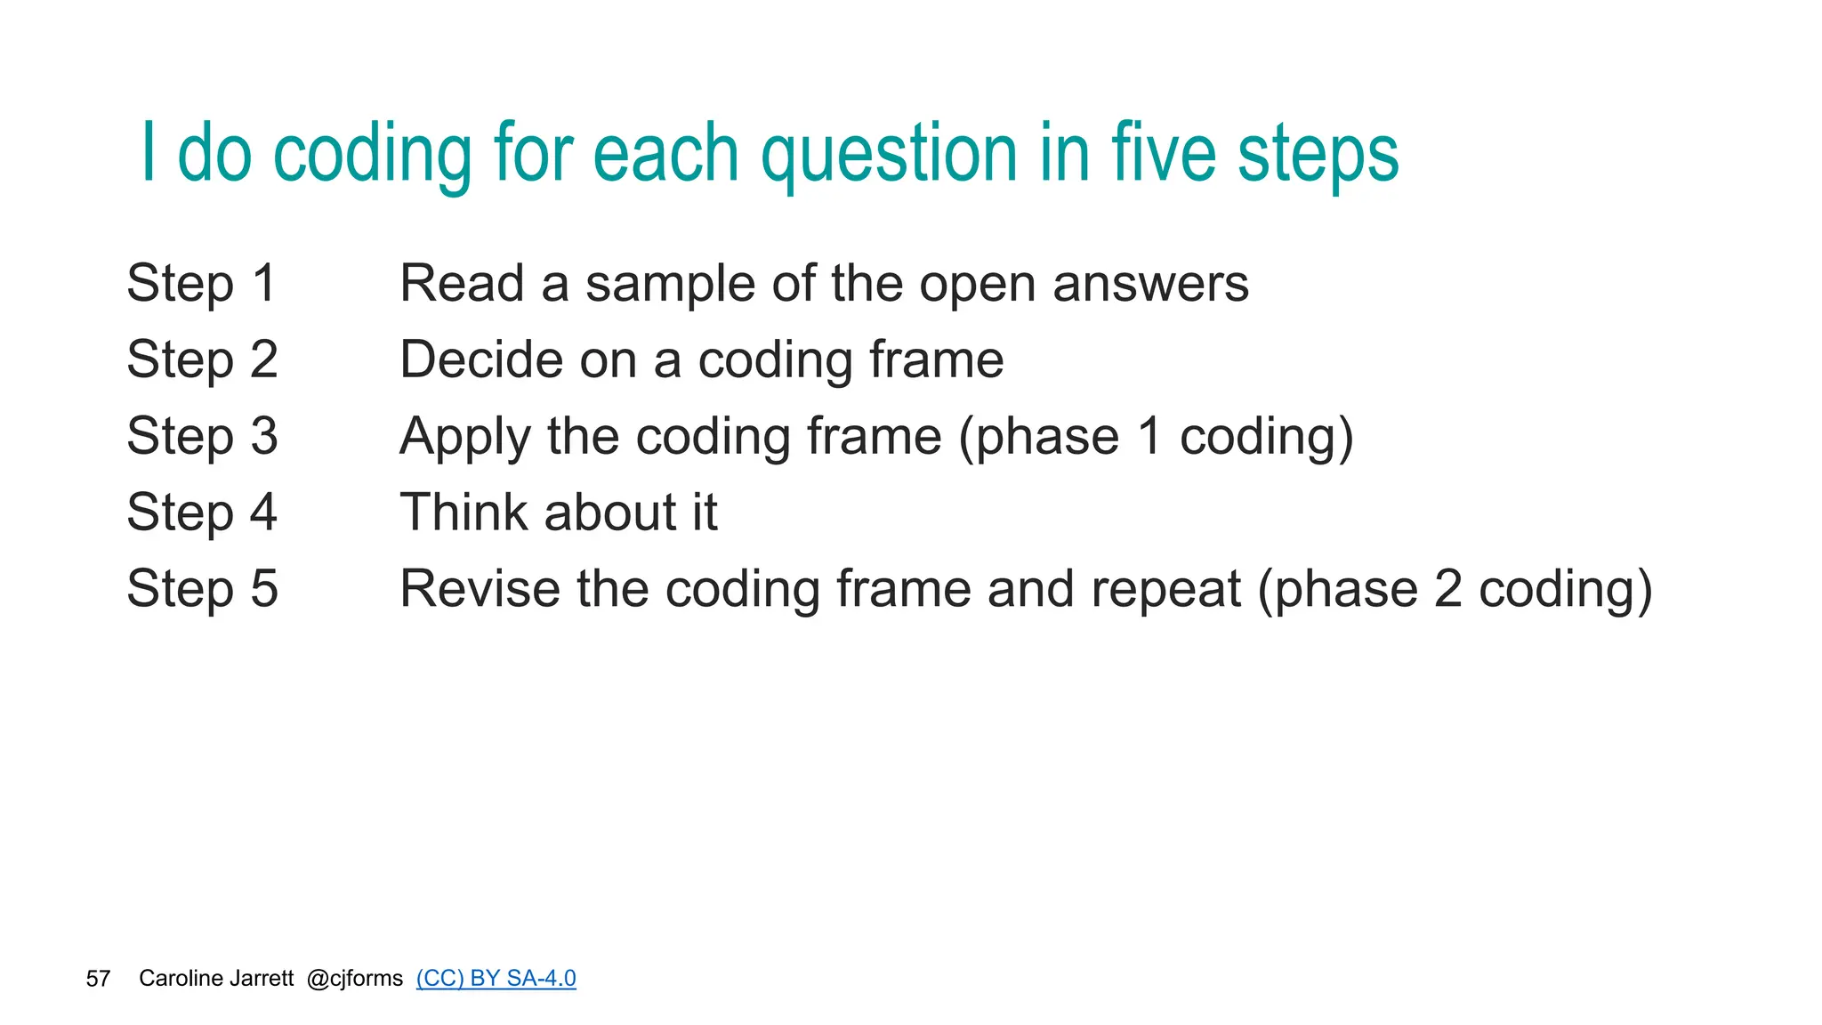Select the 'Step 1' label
click(x=202, y=284)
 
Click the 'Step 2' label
click(x=202, y=360)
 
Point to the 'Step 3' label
click(x=202, y=437)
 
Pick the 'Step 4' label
click(x=202, y=513)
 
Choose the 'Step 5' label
click(x=202, y=590)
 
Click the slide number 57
click(x=98, y=979)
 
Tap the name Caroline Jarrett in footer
click(x=216, y=979)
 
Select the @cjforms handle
click(x=355, y=979)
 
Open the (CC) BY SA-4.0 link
click(x=496, y=979)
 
